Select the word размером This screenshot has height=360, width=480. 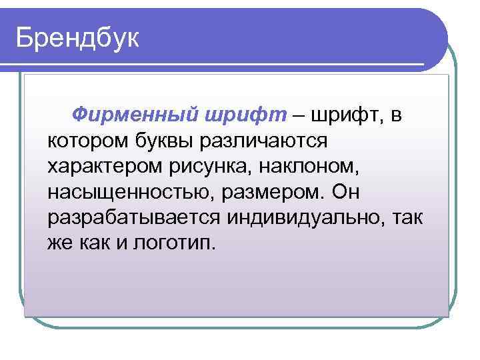[x=264, y=192]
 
